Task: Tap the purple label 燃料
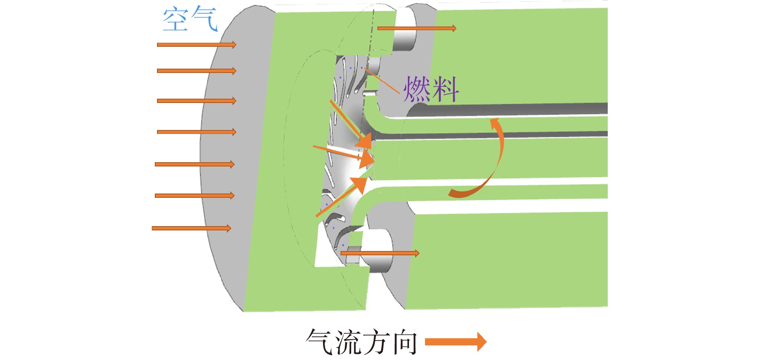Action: (x=431, y=89)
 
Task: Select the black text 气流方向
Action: (x=362, y=342)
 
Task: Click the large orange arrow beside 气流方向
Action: (x=456, y=342)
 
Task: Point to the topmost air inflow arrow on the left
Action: (x=196, y=45)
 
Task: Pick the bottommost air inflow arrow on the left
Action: (x=191, y=228)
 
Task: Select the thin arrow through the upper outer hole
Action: (x=417, y=28)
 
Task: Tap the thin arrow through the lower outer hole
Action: (x=380, y=253)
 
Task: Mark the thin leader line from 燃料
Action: (x=382, y=80)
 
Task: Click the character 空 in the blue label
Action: (x=176, y=19)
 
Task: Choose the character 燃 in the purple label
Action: (x=417, y=89)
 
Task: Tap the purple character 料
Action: (x=446, y=89)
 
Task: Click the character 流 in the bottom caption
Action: (x=348, y=342)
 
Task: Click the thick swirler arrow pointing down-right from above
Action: (x=350, y=124)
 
